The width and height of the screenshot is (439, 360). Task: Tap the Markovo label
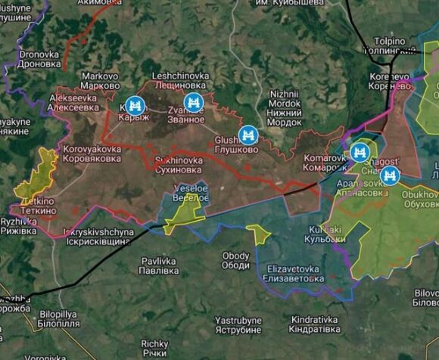101,80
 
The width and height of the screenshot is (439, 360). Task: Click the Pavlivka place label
159,265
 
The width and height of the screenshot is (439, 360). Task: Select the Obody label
235,260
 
